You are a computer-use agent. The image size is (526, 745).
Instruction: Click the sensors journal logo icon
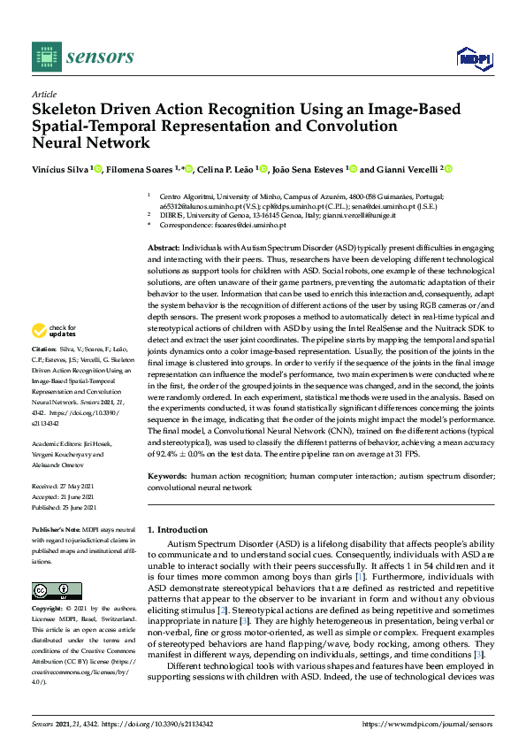click(x=44, y=57)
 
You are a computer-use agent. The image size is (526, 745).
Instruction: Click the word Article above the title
click(x=43, y=95)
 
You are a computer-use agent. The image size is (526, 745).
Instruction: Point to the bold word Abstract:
click(x=164, y=249)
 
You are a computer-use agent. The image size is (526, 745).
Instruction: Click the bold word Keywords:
click(x=166, y=475)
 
